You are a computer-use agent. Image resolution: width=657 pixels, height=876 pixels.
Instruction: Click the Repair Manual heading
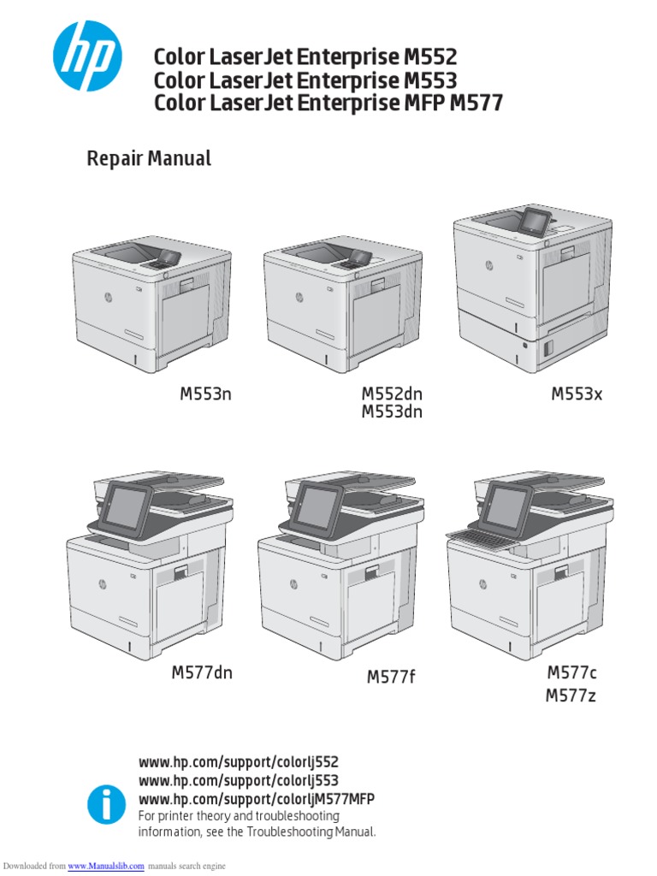coord(149,158)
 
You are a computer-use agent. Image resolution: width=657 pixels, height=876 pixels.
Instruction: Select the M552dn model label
coord(392,394)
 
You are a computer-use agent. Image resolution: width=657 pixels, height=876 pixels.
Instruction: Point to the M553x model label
coord(577,394)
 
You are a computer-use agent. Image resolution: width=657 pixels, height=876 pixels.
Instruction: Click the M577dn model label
coord(202,672)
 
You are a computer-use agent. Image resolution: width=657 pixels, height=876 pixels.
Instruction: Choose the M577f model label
coord(391,678)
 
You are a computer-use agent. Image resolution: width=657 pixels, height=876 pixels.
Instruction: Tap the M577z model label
coord(571,695)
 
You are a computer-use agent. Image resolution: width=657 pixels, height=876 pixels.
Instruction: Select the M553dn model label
coord(392,412)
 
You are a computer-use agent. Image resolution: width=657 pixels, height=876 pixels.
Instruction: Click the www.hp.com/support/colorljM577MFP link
coord(257,798)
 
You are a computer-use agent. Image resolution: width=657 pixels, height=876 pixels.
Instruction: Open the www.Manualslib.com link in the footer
coord(106,867)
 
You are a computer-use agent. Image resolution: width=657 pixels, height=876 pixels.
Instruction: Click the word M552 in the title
coord(429,58)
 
